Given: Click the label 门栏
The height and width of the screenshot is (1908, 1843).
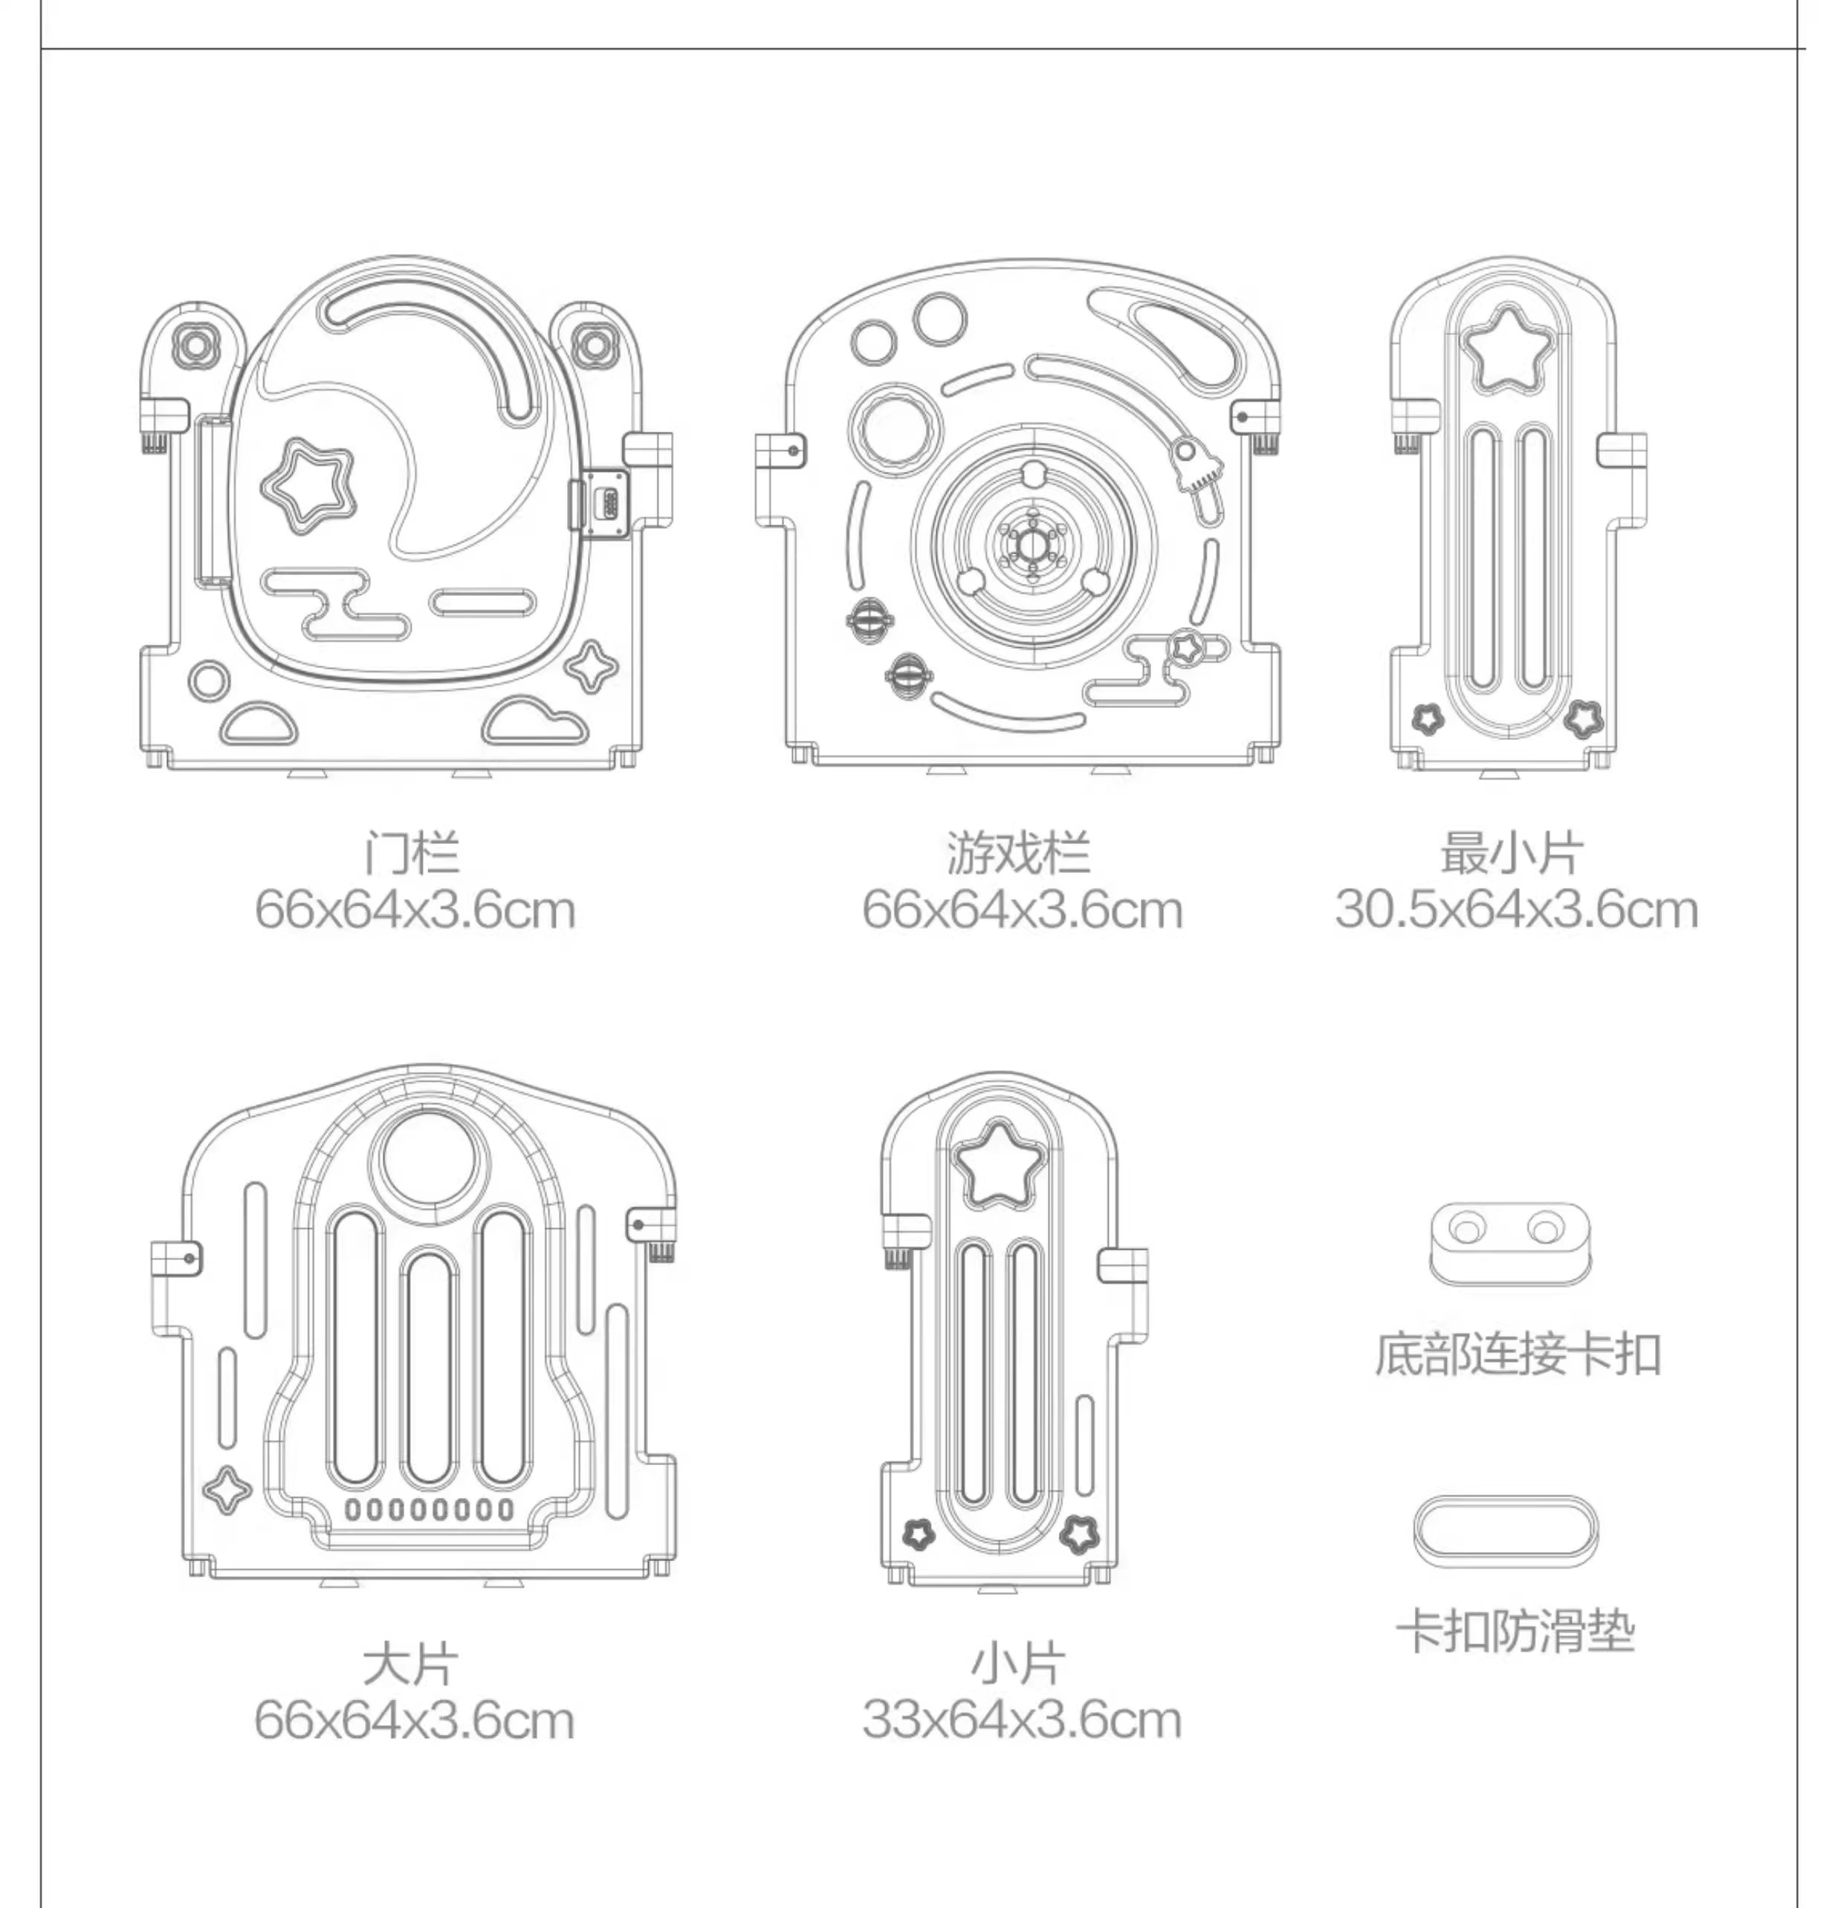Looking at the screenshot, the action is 412,854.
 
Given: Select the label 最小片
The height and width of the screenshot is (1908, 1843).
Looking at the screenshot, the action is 1512,854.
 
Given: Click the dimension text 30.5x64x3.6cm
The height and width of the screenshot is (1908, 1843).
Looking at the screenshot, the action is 1516,911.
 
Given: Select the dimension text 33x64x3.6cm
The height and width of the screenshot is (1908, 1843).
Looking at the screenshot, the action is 1021,1721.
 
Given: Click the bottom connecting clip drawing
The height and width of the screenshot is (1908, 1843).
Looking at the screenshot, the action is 1507,1243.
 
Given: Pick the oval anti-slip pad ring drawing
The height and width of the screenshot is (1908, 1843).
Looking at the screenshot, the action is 1505,1531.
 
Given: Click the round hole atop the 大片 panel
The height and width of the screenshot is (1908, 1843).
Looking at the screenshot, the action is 430,1158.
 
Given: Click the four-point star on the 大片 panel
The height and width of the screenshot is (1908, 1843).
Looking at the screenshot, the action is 228,1490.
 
